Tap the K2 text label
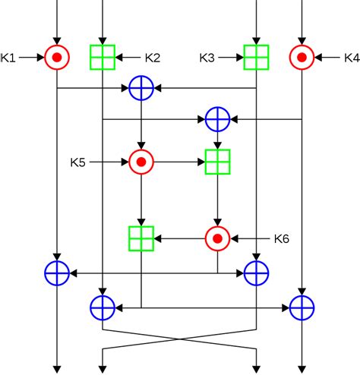tap(153, 56)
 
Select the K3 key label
tap(208, 56)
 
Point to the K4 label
tap(351, 56)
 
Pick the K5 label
tap(79, 161)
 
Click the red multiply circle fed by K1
tap(57, 56)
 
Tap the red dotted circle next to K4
tap(302, 56)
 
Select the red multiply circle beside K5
tap(141, 161)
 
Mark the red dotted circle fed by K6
tap(218, 238)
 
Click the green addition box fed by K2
tap(103, 56)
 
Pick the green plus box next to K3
tap(256, 56)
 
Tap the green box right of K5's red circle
tap(218, 161)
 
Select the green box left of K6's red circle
tap(141, 238)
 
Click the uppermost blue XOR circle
tap(141, 88)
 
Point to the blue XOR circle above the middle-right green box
tap(218, 118)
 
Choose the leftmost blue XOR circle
tap(57, 271)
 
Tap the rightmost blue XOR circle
tap(302, 307)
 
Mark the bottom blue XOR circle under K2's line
tap(103, 307)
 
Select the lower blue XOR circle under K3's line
tap(256, 271)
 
